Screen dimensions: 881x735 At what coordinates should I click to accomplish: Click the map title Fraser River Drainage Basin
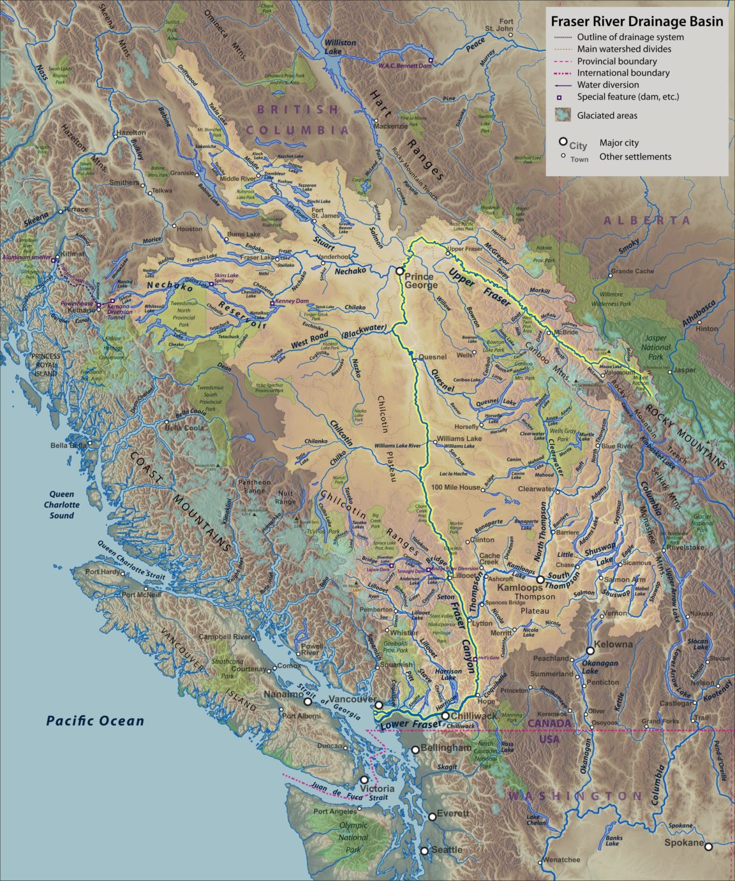tap(637, 22)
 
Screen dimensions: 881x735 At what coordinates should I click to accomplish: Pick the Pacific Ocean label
tap(95, 721)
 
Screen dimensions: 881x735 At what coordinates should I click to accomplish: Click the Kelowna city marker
tap(590, 651)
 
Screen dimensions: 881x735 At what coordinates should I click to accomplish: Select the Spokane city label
tap(683, 843)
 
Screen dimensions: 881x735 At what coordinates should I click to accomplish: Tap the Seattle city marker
tap(425, 850)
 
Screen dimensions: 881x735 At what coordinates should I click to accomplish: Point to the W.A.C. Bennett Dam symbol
tap(431, 61)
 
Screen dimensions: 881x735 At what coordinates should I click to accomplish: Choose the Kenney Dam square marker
tap(272, 302)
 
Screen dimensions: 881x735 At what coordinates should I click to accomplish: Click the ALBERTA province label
tap(647, 220)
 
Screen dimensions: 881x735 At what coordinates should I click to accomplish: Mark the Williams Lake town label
tap(459, 439)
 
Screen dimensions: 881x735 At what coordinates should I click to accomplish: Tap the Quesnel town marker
tap(414, 360)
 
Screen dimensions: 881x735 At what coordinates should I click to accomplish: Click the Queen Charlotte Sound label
tap(63, 505)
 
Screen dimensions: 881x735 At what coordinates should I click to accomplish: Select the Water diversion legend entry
tap(607, 85)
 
